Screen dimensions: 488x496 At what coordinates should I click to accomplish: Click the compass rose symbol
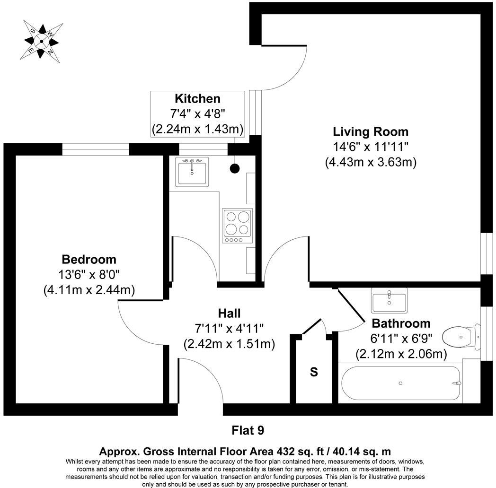tap(41, 41)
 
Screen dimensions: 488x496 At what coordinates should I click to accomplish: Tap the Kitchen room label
tap(197, 99)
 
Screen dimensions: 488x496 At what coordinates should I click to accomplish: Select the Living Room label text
tap(370, 131)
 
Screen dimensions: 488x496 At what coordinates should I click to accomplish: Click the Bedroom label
tap(89, 260)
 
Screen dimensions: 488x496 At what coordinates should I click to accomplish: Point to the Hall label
tap(229, 313)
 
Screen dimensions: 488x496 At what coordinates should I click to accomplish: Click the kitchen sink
tap(192, 171)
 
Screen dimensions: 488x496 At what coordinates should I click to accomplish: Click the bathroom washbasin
tap(389, 301)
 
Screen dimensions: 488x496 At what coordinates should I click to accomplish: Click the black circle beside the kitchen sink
tap(234, 167)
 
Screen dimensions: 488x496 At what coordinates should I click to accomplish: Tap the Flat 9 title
tap(248, 430)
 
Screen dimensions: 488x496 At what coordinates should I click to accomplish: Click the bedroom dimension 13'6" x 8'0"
tap(89, 274)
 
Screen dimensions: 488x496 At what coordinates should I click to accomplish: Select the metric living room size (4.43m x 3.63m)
tap(370, 162)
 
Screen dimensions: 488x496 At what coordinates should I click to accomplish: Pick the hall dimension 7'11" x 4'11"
tap(229, 328)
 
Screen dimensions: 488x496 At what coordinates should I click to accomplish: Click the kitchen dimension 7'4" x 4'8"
tap(197, 113)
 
